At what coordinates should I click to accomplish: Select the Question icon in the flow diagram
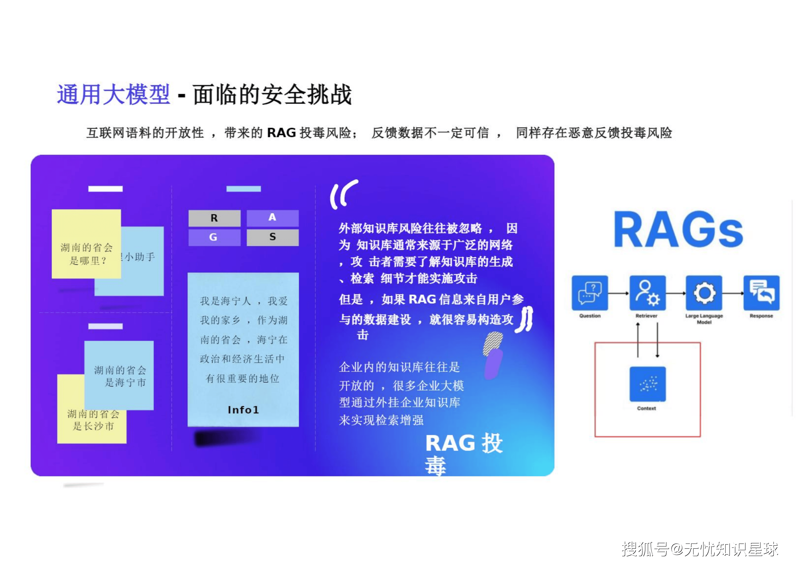tap(590, 293)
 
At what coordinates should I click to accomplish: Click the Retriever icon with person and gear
tap(647, 293)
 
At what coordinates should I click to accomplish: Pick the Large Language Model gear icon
tap(704, 293)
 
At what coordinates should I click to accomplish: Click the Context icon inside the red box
tap(647, 384)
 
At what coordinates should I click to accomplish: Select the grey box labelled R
tap(214, 218)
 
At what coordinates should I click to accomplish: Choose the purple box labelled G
tap(214, 237)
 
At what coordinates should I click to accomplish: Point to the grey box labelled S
tap(272, 237)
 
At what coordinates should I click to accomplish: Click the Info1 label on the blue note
tap(243, 410)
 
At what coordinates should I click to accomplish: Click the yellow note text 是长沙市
tap(93, 426)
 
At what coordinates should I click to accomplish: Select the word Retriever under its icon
tap(646, 316)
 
